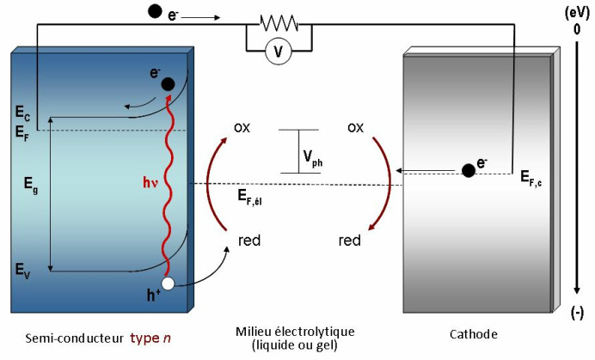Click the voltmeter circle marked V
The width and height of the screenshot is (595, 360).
tap(279, 52)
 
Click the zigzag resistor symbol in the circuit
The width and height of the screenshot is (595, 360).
tap(279, 23)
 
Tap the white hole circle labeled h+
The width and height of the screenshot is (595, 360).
tap(168, 284)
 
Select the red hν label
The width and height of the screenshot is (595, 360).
tap(150, 183)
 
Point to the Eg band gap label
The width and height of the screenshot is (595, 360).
tap(31, 185)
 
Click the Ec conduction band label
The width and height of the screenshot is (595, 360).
tap(22, 113)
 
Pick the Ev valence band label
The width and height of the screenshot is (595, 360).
tap(22, 271)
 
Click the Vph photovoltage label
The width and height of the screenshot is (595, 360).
tap(313, 158)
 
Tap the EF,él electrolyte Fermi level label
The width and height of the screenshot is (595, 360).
tap(249, 198)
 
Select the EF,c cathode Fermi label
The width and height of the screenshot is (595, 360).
tap(531, 178)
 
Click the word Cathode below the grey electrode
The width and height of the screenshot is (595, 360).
tap(474, 334)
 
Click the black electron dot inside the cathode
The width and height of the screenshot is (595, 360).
tap(469, 171)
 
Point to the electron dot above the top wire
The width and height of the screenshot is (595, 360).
tap(155, 11)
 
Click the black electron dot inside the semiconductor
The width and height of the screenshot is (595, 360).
tap(169, 84)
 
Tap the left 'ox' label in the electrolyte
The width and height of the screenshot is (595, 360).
tap(242, 128)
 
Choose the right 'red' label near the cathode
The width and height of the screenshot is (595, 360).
tap(349, 240)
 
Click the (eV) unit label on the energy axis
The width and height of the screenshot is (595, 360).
tap(577, 13)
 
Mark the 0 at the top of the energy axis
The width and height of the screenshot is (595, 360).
tap(577, 29)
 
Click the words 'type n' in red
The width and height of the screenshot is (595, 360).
tap(150, 338)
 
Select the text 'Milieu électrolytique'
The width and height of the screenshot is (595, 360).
tap(295, 332)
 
